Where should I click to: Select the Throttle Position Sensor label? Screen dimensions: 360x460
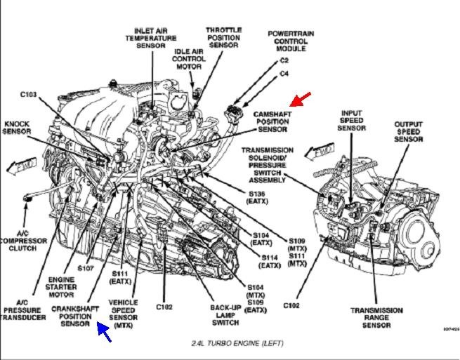coord(223,38)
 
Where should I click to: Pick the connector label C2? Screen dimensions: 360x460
coord(284,62)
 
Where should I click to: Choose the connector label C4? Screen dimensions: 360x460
coord(284,73)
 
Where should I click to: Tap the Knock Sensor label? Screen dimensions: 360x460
coord(16,126)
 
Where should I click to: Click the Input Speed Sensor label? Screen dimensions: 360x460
coord(352,120)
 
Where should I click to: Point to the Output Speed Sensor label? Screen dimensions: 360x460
coord(407,132)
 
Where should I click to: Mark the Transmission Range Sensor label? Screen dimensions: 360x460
coord(376,318)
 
